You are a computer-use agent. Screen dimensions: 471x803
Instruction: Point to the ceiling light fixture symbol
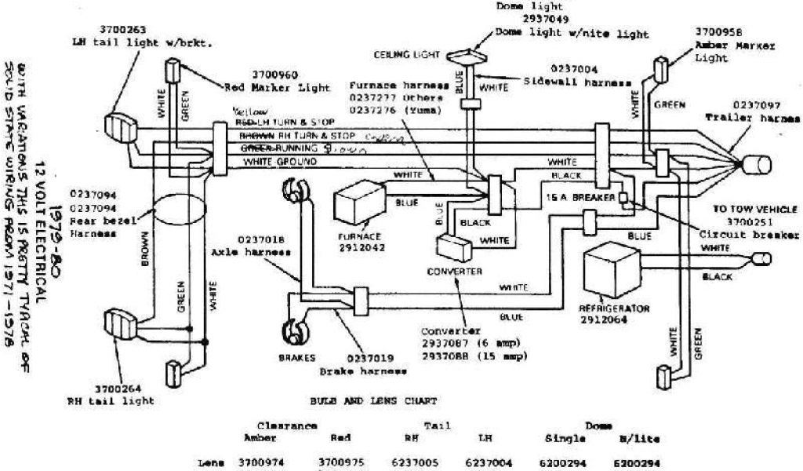(468, 56)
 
